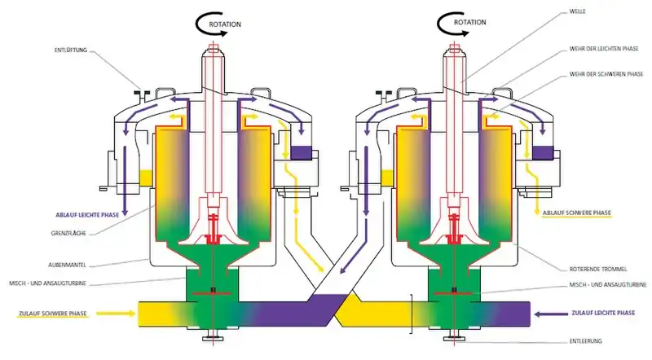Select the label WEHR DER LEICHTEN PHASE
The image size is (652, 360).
(x=603, y=50)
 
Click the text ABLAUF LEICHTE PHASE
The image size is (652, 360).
(x=87, y=214)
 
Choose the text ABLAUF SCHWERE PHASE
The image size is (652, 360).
(x=576, y=214)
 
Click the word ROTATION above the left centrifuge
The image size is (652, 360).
(x=224, y=24)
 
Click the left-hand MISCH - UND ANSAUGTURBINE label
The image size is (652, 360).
(x=70, y=282)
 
